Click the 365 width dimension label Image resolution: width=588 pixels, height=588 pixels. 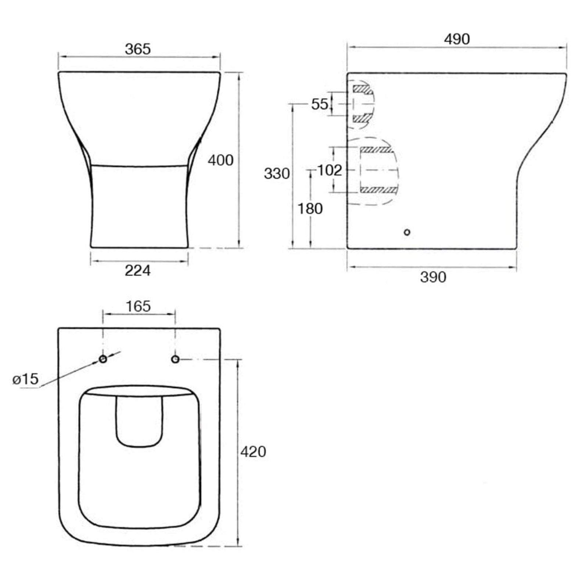point(138,49)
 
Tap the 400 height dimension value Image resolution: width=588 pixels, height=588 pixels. point(220,160)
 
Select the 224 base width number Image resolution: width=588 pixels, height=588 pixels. point(138,271)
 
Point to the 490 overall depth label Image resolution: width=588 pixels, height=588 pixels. point(457,39)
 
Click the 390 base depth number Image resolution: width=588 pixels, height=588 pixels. point(433,277)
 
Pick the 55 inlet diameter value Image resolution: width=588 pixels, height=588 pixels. point(319,104)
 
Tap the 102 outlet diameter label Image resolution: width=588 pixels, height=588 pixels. point(329,170)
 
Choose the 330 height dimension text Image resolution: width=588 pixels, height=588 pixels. point(277,173)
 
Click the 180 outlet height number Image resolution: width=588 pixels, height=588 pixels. point(310,209)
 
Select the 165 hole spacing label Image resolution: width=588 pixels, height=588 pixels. point(138,306)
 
